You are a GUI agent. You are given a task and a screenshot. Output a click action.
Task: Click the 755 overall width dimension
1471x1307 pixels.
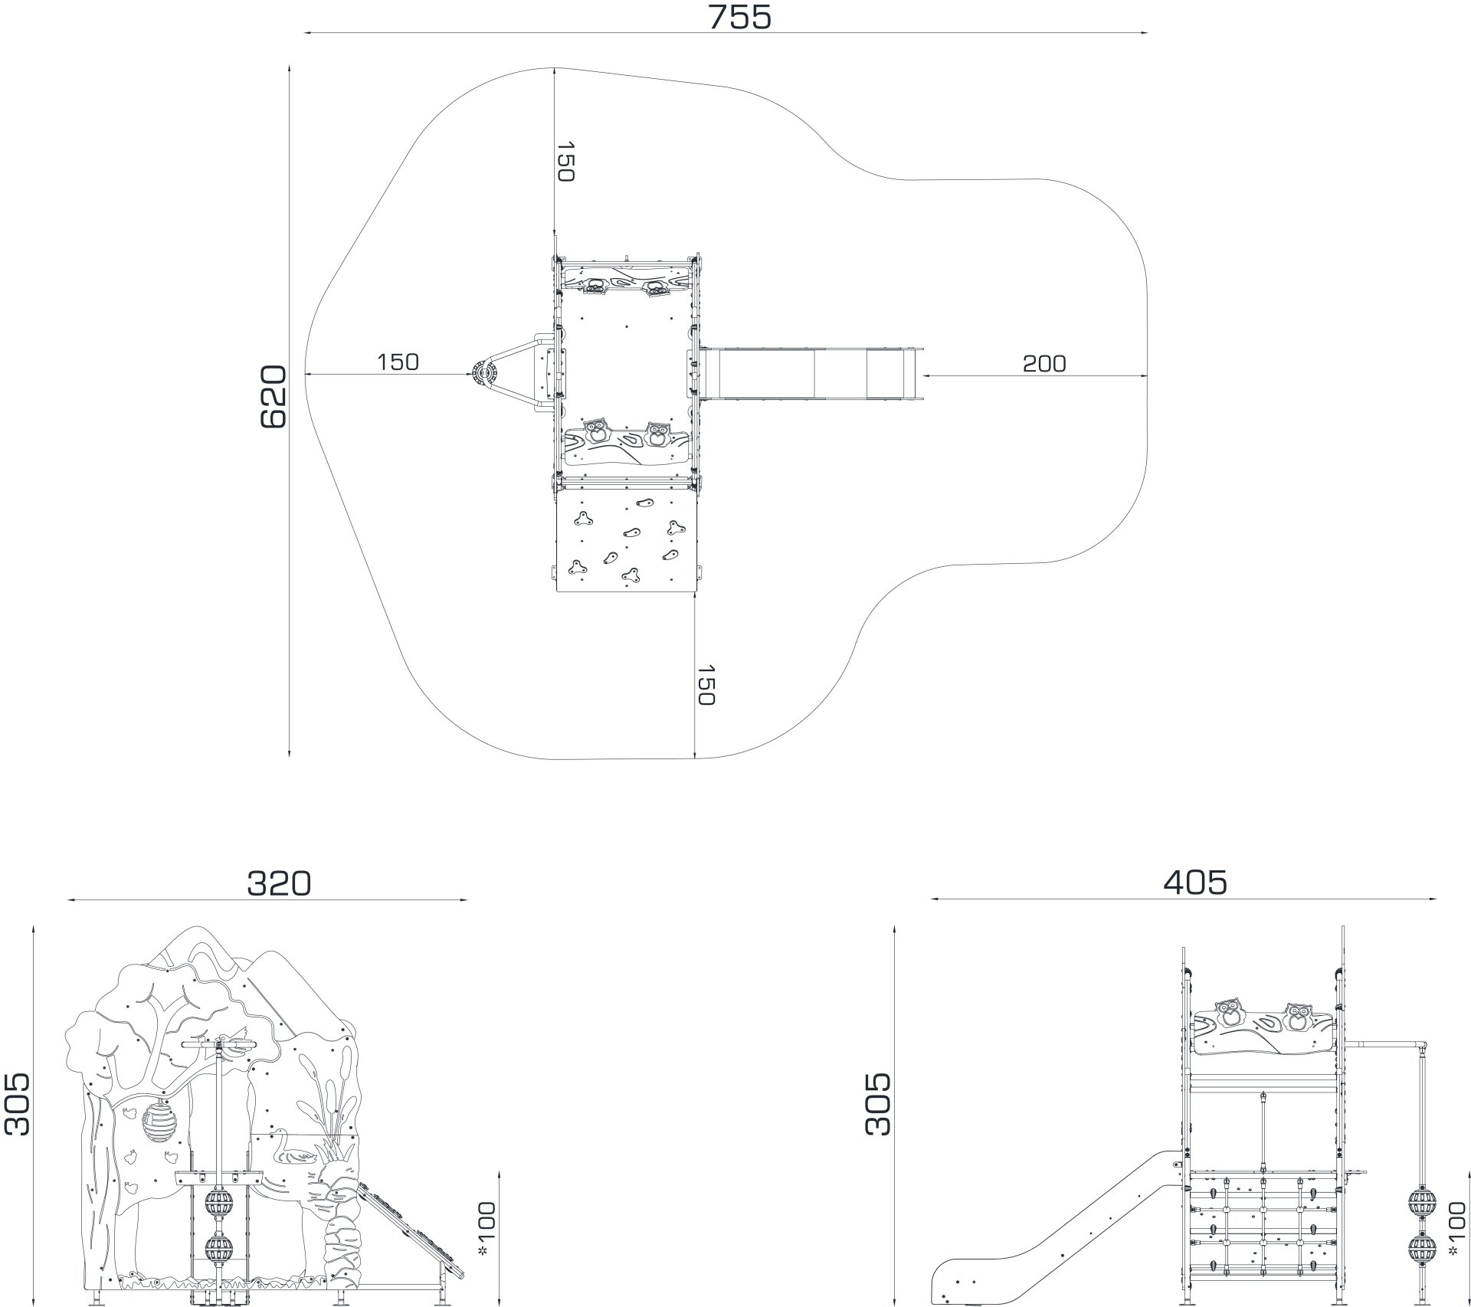[739, 17]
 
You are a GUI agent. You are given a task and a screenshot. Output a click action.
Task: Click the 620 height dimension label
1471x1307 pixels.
[274, 397]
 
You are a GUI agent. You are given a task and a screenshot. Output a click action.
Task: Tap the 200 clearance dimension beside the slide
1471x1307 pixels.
[1044, 363]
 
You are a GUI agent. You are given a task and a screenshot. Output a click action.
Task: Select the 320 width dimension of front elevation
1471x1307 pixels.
[279, 883]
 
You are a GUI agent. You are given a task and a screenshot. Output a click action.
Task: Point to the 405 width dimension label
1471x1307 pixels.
[1195, 883]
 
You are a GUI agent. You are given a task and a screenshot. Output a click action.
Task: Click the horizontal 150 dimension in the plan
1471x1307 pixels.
[398, 362]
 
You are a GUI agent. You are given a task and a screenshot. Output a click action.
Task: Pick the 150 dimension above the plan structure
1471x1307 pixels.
[565, 162]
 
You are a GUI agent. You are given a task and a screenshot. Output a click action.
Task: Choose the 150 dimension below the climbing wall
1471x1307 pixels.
[705, 685]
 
